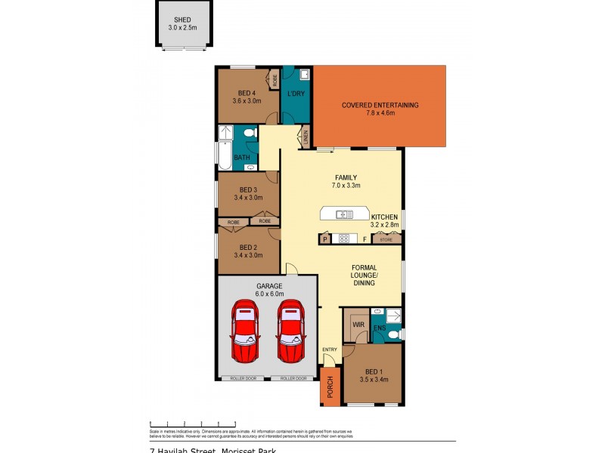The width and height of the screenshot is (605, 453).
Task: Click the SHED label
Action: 181,20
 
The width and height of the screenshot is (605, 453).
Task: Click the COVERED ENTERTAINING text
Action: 380,105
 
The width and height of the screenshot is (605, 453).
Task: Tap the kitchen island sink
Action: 344,214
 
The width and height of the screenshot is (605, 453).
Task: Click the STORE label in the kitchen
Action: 386,240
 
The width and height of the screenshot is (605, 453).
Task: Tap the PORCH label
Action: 329,387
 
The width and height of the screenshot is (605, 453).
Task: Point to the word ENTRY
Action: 330,349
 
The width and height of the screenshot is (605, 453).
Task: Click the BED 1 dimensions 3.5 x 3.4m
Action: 374,379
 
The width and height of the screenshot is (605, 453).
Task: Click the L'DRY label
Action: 296,94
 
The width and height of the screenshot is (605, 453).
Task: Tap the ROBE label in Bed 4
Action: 275,79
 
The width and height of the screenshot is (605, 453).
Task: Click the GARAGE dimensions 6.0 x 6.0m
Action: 268,295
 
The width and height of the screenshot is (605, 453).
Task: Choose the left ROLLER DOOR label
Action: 243,378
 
